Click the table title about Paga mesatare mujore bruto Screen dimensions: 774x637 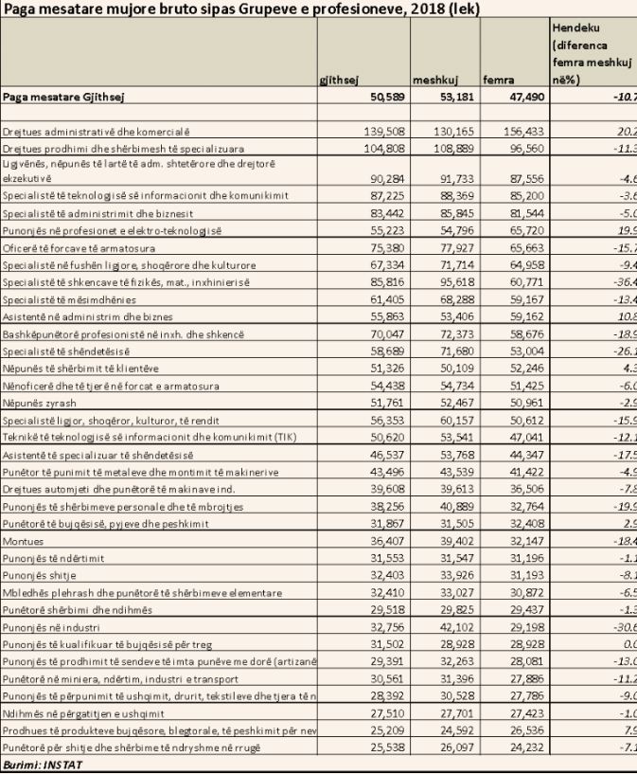[x=240, y=9]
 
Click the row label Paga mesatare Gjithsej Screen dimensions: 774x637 [x=64, y=97]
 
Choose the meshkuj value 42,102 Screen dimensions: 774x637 [x=457, y=628]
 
